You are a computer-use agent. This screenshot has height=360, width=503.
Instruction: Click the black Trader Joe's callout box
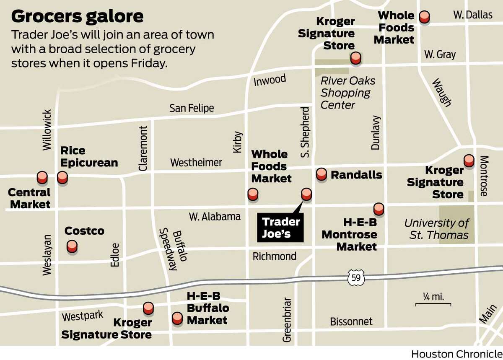pyautogui.click(x=280, y=228)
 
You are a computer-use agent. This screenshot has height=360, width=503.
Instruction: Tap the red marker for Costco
pyautogui.click(x=72, y=246)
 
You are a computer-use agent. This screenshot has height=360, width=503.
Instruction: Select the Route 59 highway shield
pyautogui.click(x=356, y=277)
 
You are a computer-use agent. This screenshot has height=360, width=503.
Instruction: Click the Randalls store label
pyautogui.click(x=356, y=175)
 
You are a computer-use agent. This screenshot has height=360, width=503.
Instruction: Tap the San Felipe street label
pyautogui.click(x=192, y=108)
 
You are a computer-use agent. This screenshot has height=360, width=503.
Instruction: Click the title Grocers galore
pyautogui.click(x=78, y=16)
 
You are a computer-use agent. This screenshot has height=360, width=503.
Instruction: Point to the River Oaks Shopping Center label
pyautogui.click(x=347, y=93)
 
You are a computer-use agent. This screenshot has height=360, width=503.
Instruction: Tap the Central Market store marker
pyautogui.click(x=42, y=178)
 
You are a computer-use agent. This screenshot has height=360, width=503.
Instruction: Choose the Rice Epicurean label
pyautogui.click(x=89, y=156)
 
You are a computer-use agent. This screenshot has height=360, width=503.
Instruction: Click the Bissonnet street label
pyautogui.click(x=351, y=322)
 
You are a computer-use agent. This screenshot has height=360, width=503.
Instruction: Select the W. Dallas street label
pyautogui.click(x=472, y=15)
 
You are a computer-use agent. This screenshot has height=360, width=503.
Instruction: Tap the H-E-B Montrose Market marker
pyautogui.click(x=379, y=208)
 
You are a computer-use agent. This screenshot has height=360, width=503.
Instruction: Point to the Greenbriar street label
pyautogui.click(x=287, y=320)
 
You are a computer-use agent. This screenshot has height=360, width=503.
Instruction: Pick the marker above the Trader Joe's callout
pyautogui.click(x=306, y=194)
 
